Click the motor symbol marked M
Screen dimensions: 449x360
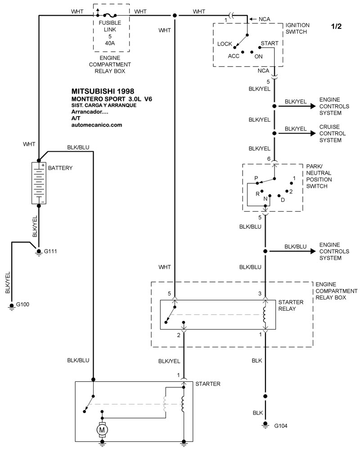[102, 430]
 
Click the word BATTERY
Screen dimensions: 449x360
[60, 168]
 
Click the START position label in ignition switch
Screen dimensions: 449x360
[270, 43]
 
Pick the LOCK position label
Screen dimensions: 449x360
[225, 44]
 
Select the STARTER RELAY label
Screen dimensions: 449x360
[291, 305]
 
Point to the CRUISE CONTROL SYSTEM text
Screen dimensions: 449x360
[333, 133]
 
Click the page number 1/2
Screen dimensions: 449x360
[336, 26]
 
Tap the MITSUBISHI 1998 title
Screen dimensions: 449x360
[103, 91]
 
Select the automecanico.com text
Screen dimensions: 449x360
[97, 125]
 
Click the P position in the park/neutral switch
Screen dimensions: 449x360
[256, 178]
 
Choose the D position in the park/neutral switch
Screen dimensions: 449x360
[283, 200]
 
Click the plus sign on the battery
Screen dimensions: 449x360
[43, 166]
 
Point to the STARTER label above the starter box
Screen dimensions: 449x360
[208, 384]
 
